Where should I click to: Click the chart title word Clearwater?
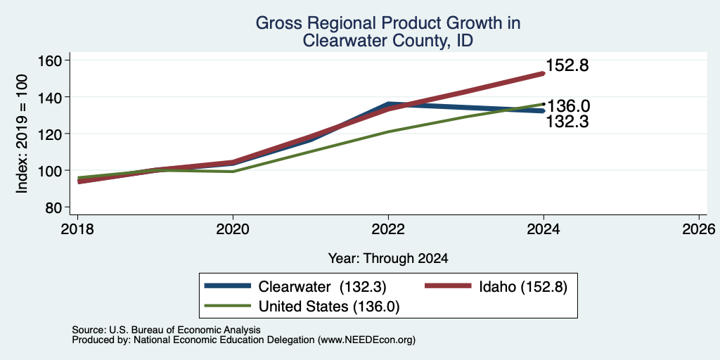(x=342, y=41)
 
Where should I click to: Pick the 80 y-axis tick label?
(x=55, y=207)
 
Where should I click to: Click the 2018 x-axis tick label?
(x=77, y=229)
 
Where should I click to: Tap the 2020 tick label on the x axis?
(x=233, y=229)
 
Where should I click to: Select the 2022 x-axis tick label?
(x=388, y=229)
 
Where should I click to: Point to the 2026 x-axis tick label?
(x=699, y=229)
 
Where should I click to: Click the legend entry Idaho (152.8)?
(x=523, y=287)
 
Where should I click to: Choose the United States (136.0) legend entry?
(x=329, y=307)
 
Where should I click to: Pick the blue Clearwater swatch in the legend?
(x=229, y=286)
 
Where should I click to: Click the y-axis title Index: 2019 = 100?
(x=22, y=134)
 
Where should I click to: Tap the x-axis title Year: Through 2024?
(x=388, y=259)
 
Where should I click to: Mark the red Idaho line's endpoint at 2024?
(x=544, y=73)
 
